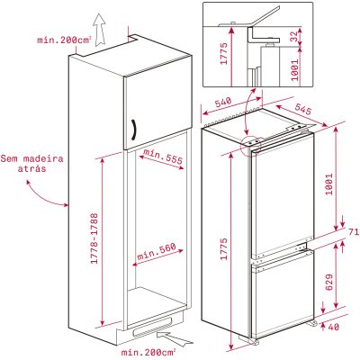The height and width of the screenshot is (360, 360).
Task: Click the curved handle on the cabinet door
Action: pyautogui.click(x=135, y=130)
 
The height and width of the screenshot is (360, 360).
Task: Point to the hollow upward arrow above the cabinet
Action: pyautogui.click(x=99, y=31)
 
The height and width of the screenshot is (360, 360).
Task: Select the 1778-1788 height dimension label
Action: pyautogui.click(x=94, y=238)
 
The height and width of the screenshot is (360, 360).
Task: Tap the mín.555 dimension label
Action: pyautogui.click(x=163, y=156)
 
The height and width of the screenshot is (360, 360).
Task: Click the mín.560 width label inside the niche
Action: pyautogui.click(x=156, y=252)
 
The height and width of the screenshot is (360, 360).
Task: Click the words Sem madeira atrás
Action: pyautogui.click(x=32, y=164)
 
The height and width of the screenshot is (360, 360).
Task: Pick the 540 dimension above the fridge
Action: pyautogui.click(x=223, y=103)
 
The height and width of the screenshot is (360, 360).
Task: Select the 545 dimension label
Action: pyautogui.click(x=303, y=109)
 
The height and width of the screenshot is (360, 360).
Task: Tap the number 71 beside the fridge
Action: pyautogui.click(x=354, y=231)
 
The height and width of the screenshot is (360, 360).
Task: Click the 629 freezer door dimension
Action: pyautogui.click(x=329, y=282)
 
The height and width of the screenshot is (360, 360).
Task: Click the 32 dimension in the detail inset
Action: pyautogui.click(x=294, y=36)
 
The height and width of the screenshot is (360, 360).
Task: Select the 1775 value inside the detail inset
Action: pyautogui.click(x=224, y=54)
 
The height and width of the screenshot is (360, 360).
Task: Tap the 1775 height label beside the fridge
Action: pyautogui.click(x=224, y=249)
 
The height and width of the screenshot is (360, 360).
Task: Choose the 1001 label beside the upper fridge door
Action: pyautogui.click(x=329, y=184)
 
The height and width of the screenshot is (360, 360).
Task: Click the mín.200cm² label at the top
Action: pyautogui.click(x=65, y=40)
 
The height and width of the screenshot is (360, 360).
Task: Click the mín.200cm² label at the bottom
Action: pyautogui.click(x=148, y=352)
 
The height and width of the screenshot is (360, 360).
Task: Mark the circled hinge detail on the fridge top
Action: pyautogui.click(x=251, y=145)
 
